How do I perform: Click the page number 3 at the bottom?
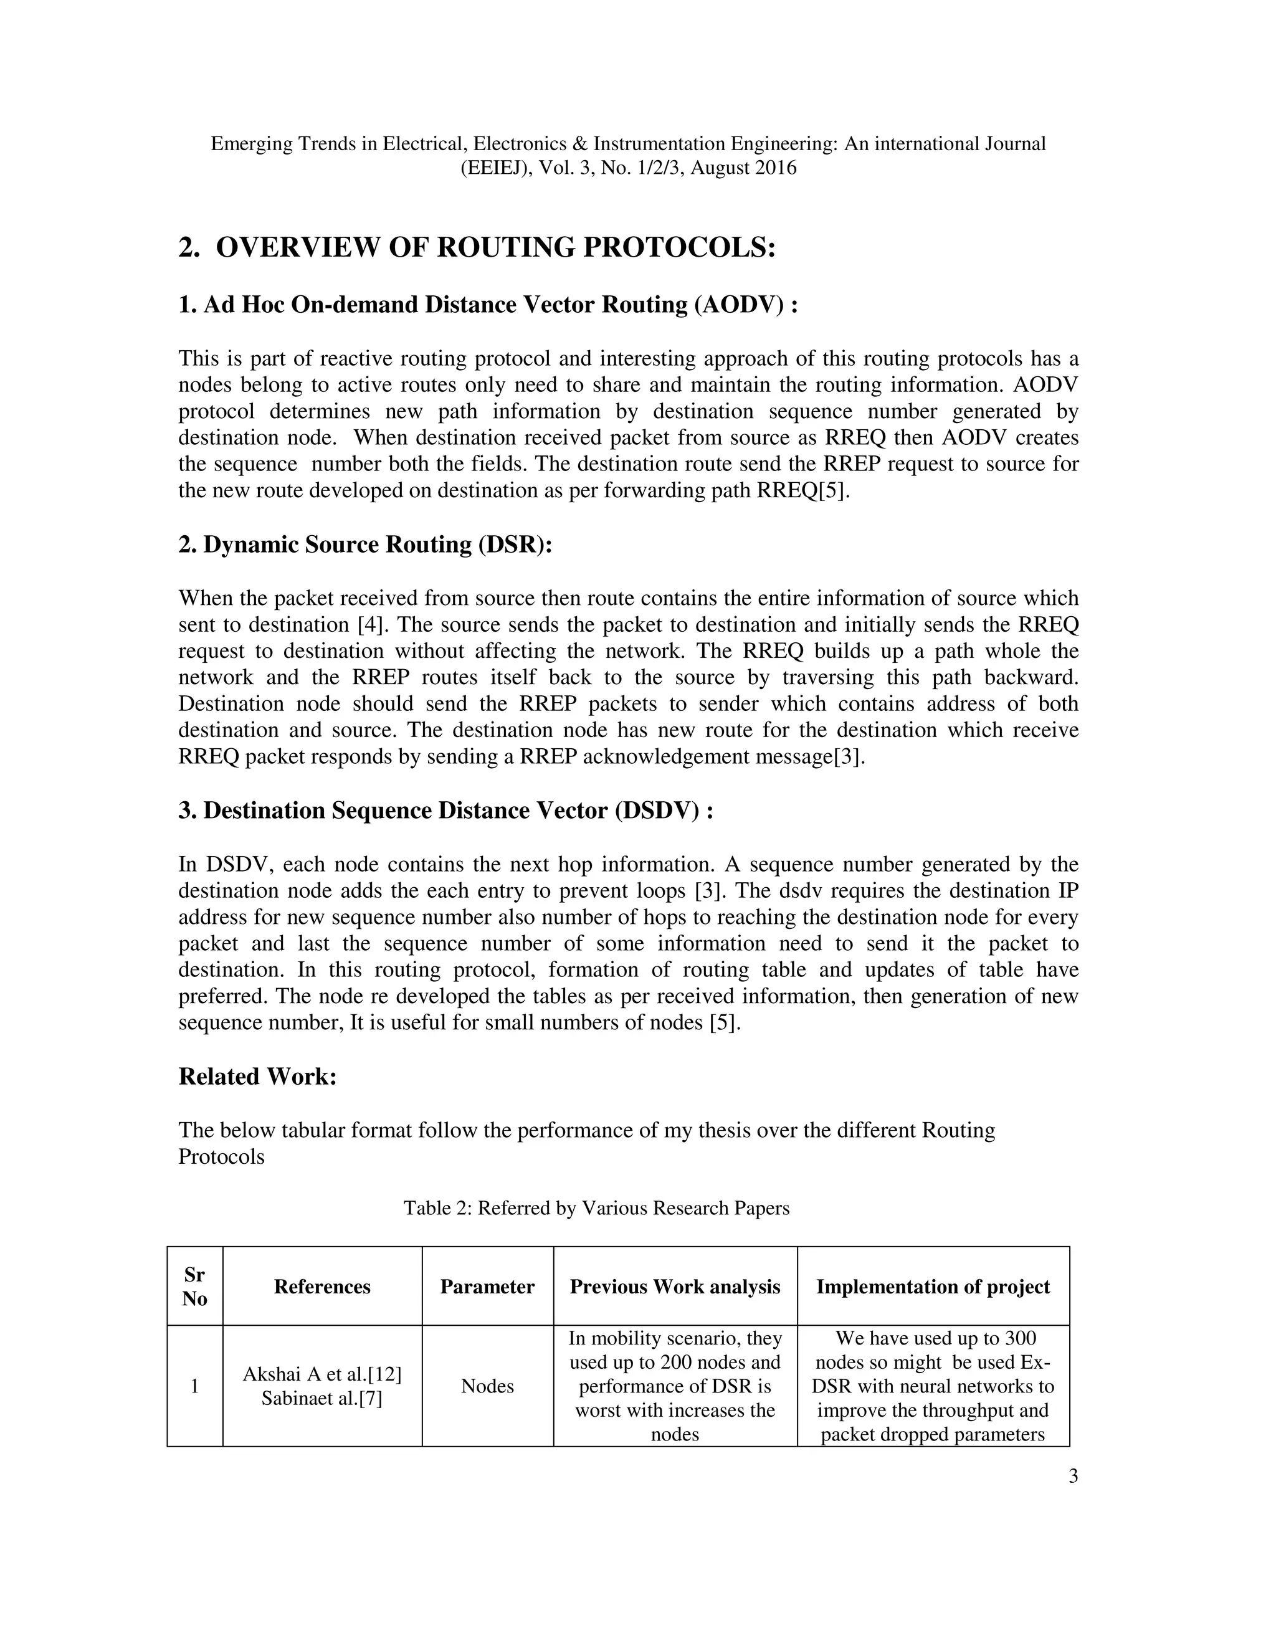coord(1073,1477)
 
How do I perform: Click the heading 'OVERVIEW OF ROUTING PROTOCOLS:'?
coord(496,247)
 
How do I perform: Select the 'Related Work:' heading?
coord(257,1076)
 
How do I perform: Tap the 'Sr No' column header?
coord(194,1287)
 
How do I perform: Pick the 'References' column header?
coord(322,1287)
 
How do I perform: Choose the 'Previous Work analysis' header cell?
coord(674,1287)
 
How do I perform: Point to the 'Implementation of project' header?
coord(933,1287)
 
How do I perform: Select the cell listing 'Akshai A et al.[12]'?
coord(322,1374)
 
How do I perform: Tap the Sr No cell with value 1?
coord(194,1386)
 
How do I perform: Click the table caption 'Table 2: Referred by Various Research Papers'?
coord(596,1208)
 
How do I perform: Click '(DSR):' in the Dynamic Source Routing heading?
coord(515,545)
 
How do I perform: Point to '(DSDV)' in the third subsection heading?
coord(656,811)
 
